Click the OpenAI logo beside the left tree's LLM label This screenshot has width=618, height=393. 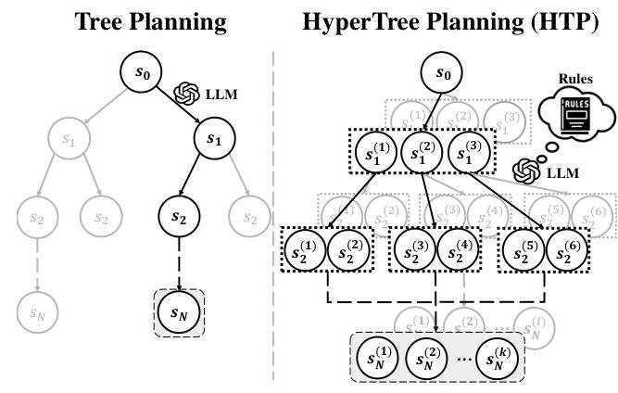point(187,94)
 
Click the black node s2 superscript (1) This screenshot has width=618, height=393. point(306,251)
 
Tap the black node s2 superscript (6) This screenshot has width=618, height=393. point(570,251)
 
